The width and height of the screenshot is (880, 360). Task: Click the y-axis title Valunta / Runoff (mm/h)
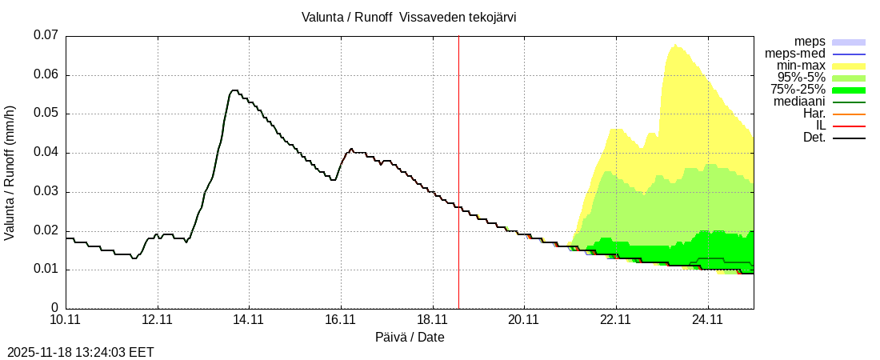click(x=10, y=172)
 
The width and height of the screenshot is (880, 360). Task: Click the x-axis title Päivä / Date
click(x=410, y=337)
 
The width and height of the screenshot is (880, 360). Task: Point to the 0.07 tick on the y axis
click(x=46, y=35)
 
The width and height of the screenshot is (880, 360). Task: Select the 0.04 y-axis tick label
click(x=46, y=152)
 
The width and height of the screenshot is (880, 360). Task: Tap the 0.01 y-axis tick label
click(x=46, y=270)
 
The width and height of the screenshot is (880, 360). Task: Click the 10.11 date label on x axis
click(x=66, y=320)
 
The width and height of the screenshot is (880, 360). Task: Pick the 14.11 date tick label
click(x=249, y=320)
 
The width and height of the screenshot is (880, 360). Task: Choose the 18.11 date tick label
click(x=432, y=320)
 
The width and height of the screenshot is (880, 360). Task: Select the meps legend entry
click(x=810, y=42)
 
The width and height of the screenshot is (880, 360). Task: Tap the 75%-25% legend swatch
click(x=849, y=90)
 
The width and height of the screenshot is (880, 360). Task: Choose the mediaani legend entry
click(x=799, y=102)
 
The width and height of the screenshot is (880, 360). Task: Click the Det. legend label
click(x=814, y=138)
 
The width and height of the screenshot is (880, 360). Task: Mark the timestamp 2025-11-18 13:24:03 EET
click(x=81, y=352)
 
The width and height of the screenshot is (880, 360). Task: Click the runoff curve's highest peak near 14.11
click(x=234, y=90)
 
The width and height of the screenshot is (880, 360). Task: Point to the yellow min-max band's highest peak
click(x=674, y=45)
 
